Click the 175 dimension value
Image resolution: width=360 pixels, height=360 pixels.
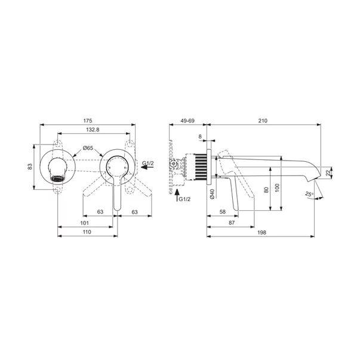click(x=88, y=121)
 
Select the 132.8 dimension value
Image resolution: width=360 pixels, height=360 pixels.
click(x=93, y=130)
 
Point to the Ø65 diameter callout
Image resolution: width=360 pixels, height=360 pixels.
click(x=88, y=148)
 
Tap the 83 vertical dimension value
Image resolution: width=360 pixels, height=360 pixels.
click(x=30, y=167)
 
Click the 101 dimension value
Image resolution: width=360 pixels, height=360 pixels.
click(x=85, y=223)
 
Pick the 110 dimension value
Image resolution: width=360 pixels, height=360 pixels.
click(x=87, y=232)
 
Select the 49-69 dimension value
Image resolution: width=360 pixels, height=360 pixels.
click(x=187, y=121)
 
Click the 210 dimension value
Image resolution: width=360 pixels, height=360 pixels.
click(x=263, y=121)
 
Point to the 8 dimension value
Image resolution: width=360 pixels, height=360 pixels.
click(x=200, y=137)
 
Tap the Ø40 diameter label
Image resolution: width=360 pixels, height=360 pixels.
click(x=212, y=194)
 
